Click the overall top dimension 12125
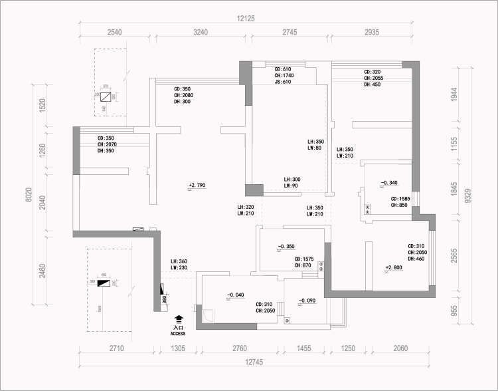click(246, 19)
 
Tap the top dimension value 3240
click(200, 32)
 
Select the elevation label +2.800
click(394, 268)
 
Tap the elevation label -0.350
click(286, 247)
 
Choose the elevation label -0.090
click(306, 301)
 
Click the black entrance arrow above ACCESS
click(178, 319)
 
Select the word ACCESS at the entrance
click(178, 333)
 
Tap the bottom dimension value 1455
click(304, 348)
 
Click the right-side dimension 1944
click(454, 94)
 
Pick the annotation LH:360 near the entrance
click(179, 261)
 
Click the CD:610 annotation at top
click(283, 69)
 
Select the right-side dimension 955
click(454, 311)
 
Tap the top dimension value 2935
click(372, 32)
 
